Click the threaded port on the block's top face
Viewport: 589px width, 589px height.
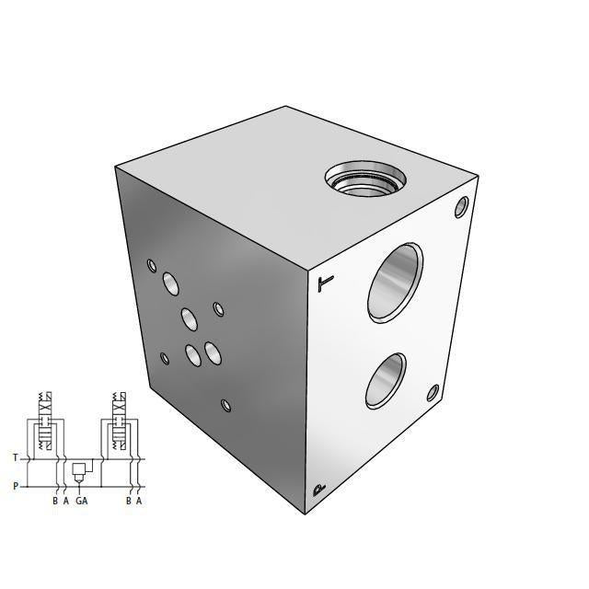364,178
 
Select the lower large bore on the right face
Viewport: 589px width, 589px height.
384,380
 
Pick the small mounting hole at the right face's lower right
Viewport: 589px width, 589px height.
433,395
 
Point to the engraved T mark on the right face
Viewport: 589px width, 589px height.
322,283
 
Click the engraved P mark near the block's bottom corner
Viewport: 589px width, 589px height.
318,490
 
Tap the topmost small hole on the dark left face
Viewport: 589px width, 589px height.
152,266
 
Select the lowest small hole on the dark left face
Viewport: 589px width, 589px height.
225,404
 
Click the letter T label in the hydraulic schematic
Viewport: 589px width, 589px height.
15,457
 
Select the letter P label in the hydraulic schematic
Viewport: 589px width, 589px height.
15,486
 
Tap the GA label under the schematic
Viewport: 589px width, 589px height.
82,502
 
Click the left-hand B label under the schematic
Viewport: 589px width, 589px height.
55,502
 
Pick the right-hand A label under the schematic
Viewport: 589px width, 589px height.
139,502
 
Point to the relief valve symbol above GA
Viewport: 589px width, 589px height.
80,471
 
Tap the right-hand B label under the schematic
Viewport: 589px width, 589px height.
128,502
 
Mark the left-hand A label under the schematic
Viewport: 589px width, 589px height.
66,502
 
